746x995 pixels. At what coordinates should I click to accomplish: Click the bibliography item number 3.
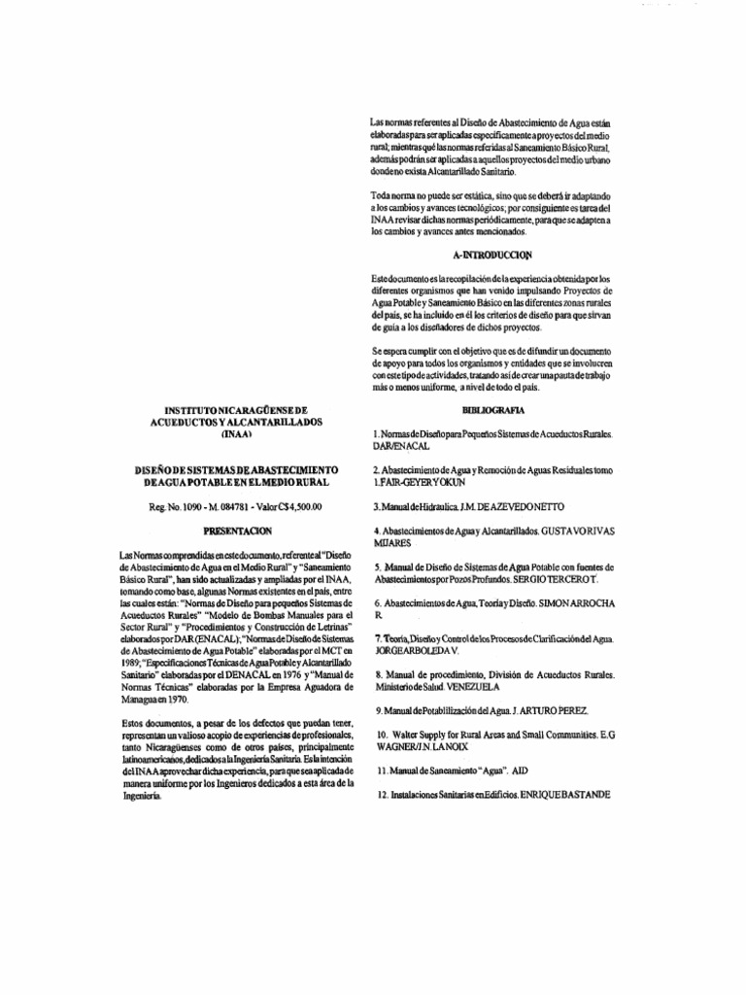click(376, 507)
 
